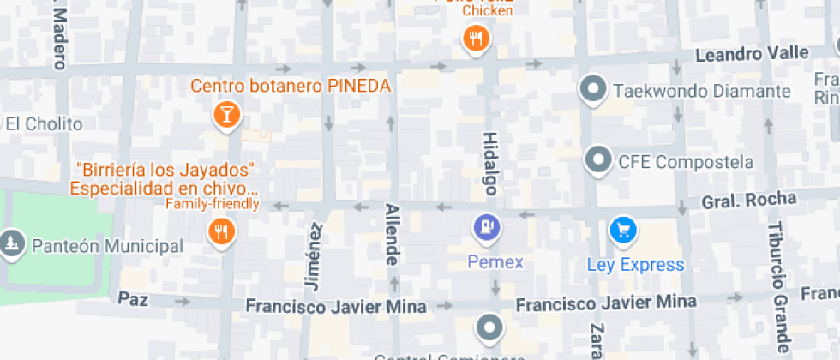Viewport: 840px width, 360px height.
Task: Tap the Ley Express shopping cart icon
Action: coord(623,230)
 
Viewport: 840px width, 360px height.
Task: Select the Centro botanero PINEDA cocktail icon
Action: coord(225,114)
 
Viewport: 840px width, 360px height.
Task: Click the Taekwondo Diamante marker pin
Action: coord(593,88)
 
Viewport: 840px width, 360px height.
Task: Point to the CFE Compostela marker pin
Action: coord(597,159)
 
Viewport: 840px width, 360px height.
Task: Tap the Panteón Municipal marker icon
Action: coord(12,244)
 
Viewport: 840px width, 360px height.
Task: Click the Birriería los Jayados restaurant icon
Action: coord(221,231)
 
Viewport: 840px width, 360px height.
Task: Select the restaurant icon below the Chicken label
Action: coord(476,39)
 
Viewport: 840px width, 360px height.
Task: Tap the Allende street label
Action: coord(392,234)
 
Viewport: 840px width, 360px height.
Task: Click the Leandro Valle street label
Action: coord(751,54)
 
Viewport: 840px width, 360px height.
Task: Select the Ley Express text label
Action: coord(635,265)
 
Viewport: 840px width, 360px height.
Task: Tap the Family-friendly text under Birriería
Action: coord(212,204)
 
